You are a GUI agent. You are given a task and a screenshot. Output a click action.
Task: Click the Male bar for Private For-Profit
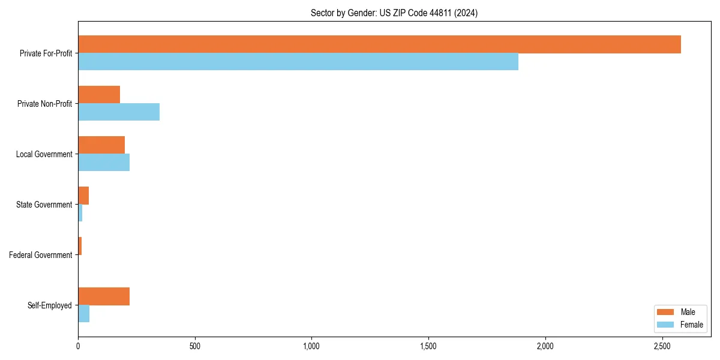click(x=379, y=44)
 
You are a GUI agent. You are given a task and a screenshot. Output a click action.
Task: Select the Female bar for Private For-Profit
click(x=298, y=62)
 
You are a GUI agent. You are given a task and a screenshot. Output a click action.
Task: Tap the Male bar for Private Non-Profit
click(x=99, y=95)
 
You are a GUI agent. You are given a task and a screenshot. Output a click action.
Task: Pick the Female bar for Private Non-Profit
click(x=119, y=112)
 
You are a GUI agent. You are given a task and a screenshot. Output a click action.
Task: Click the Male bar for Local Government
click(x=101, y=145)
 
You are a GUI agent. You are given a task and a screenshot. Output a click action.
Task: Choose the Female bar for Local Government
click(x=104, y=163)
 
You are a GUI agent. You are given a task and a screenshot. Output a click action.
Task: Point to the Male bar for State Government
click(x=83, y=196)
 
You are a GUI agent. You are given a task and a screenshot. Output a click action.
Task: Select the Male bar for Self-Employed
click(x=104, y=296)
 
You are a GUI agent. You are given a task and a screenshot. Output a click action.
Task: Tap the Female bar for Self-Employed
click(x=84, y=314)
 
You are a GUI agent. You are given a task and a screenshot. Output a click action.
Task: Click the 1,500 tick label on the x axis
click(x=428, y=346)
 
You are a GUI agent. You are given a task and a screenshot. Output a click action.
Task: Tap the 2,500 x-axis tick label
click(x=662, y=346)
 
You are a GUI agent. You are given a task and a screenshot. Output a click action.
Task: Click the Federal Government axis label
click(x=41, y=255)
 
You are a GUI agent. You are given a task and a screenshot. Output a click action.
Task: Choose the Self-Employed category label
click(x=50, y=305)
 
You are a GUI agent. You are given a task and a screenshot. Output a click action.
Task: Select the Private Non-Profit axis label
click(x=44, y=104)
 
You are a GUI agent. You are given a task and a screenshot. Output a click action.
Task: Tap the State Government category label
click(x=44, y=205)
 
